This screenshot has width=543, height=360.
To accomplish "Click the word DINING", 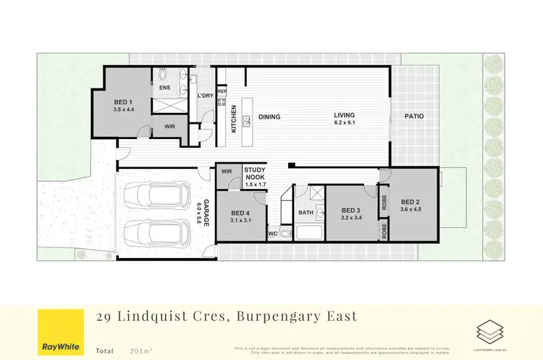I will click(269, 117).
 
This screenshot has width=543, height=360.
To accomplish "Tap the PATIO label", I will click(414, 117).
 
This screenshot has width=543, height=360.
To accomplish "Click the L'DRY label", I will click(206, 96).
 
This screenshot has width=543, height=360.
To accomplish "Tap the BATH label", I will click(305, 212).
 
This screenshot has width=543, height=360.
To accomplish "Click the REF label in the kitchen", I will click(222, 91).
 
